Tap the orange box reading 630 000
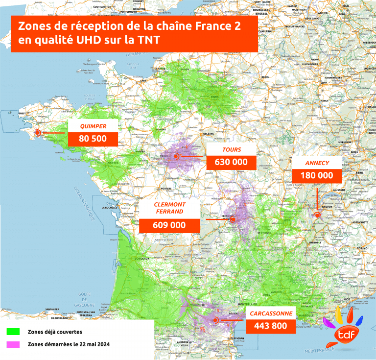(232, 162)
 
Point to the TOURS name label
(232, 149)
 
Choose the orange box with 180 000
(316, 175)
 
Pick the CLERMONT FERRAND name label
(169, 208)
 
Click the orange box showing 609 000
(169, 225)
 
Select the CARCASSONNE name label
(271, 313)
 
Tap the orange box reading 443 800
(271, 326)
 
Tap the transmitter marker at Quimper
(37, 132)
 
